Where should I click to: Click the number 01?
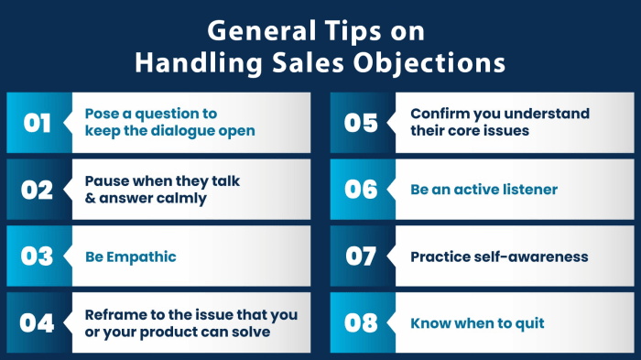click(37, 123)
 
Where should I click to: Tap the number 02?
click(37, 190)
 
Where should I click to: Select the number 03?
click(37, 256)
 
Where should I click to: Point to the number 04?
click(37, 322)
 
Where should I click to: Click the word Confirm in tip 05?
click(438, 114)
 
